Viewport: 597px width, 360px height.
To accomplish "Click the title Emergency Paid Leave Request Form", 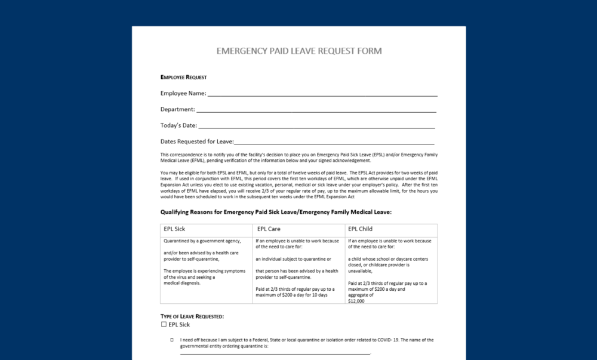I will pos(298,51).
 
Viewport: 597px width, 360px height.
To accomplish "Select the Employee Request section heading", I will pos(184,77).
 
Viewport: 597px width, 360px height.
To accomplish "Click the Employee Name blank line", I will pos(322,94).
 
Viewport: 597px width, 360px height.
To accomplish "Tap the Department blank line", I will pos(316,110).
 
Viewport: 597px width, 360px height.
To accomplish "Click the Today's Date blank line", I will pos(316,127).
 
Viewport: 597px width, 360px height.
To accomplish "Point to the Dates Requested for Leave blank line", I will pos(334,143).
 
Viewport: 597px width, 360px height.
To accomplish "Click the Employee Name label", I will pos(183,93).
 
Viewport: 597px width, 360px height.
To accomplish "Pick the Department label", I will pos(177,109).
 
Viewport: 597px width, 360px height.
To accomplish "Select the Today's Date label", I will pos(179,125).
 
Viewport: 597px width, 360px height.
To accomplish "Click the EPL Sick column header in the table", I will pos(174,229).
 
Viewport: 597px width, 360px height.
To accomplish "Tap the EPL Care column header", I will pos(269,229).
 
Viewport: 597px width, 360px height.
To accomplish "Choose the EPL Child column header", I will pos(361,229).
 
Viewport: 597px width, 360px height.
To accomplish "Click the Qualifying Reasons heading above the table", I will pos(276,212).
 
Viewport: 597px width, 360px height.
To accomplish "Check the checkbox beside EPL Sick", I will pos(164,325).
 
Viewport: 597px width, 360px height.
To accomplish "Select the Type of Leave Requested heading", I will pos(192,316).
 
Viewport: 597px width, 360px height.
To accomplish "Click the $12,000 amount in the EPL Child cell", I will pos(356,301).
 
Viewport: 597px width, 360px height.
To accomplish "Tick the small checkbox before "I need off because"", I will pos(172,340).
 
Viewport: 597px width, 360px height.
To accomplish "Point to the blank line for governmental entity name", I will pos(275,353).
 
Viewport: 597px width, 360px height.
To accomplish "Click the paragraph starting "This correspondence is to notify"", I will pos(298,158).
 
